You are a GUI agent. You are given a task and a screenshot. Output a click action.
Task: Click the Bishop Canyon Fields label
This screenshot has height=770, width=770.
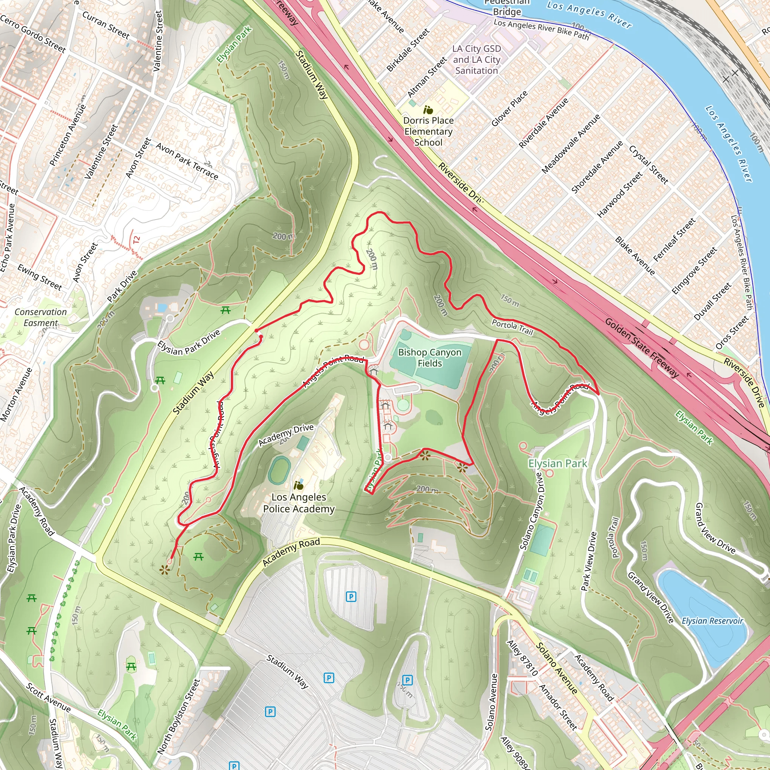point(430,358)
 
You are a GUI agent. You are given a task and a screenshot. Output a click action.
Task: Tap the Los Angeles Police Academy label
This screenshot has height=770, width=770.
point(299,503)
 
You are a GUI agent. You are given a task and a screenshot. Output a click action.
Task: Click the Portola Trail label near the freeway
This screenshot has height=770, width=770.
point(512,327)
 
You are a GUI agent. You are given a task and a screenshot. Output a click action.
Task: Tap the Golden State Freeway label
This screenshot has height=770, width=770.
point(641,347)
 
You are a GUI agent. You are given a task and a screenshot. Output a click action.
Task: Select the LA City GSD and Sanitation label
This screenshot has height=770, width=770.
point(477,59)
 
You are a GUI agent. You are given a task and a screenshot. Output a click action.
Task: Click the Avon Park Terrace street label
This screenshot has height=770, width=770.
point(187,161)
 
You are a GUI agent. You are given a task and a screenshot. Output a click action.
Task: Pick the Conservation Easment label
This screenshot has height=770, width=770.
point(41,317)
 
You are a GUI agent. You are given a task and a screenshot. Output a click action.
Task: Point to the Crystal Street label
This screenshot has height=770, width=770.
point(648,164)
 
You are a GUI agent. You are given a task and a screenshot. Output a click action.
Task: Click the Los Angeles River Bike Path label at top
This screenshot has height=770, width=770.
point(541,29)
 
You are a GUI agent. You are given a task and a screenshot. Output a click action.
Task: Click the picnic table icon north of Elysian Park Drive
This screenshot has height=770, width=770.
point(226,310)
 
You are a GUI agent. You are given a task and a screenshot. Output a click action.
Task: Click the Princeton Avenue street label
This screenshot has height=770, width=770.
point(67,135)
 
